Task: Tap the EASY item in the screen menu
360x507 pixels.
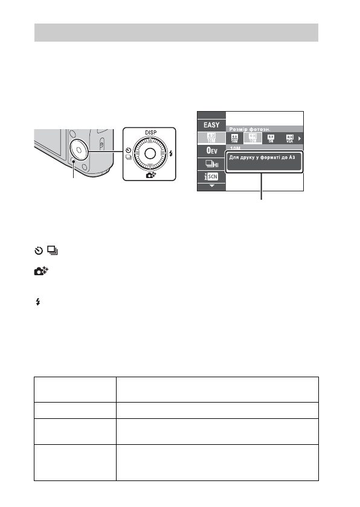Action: (211, 126)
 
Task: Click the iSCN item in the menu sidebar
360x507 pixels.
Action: (211, 177)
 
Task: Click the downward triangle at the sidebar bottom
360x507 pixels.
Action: (211, 187)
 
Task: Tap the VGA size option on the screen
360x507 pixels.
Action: (289, 138)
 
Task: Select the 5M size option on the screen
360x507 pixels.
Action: (271, 138)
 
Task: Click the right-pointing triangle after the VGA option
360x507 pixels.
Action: (300, 139)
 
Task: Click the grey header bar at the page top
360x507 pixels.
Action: (176, 33)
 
